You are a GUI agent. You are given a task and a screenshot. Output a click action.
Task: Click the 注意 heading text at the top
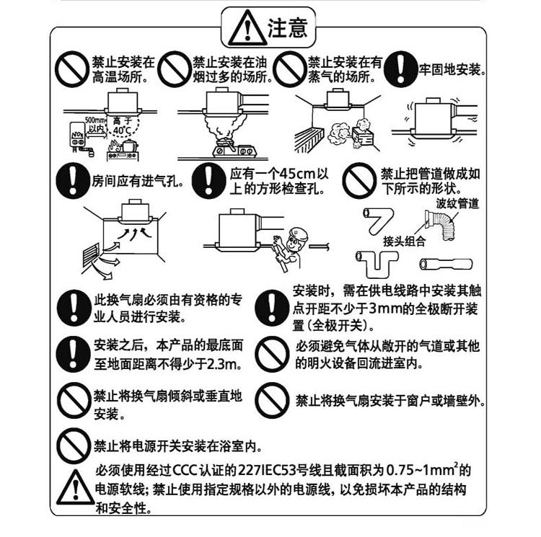(x=288, y=28)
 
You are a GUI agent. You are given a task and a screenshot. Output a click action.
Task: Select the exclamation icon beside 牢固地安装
(x=400, y=70)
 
